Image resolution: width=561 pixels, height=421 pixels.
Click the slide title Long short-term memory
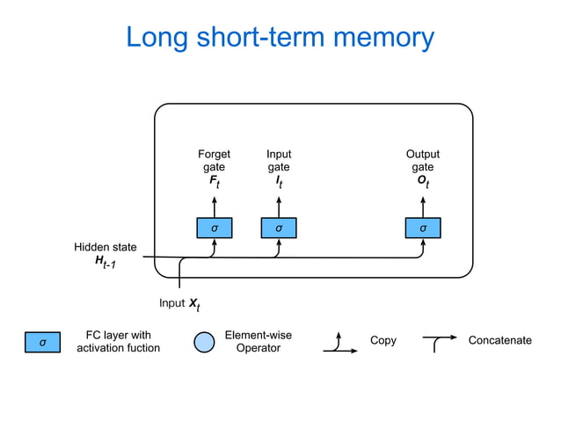tap(280, 38)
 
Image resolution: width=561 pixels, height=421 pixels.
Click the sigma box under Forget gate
tap(214, 228)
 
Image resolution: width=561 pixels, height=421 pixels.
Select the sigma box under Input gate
tap(279, 228)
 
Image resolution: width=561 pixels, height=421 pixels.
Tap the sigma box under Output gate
tap(423, 228)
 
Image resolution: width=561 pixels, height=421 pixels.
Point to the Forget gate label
tap(214, 161)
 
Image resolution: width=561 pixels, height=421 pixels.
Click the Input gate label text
tap(279, 161)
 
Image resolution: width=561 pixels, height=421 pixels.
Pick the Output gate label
tap(423, 161)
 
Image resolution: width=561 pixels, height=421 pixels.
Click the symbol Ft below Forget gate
tap(214, 182)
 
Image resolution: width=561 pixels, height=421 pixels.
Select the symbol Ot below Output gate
tap(423, 182)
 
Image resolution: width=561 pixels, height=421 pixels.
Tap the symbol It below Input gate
tap(279, 182)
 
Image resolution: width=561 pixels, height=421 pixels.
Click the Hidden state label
tap(105, 248)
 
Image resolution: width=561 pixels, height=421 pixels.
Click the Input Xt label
tap(179, 304)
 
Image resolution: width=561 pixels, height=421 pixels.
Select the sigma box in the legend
tap(42, 342)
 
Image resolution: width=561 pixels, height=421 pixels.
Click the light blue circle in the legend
tap(203, 342)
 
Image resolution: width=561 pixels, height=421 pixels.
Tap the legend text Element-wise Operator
tap(258, 342)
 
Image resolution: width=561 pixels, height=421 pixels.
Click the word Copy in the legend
tap(382, 341)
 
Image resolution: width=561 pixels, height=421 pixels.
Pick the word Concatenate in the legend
tap(499, 341)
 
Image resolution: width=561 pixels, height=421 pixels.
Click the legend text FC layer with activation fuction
tap(119, 342)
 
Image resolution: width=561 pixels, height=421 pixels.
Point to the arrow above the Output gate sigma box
tap(423, 206)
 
